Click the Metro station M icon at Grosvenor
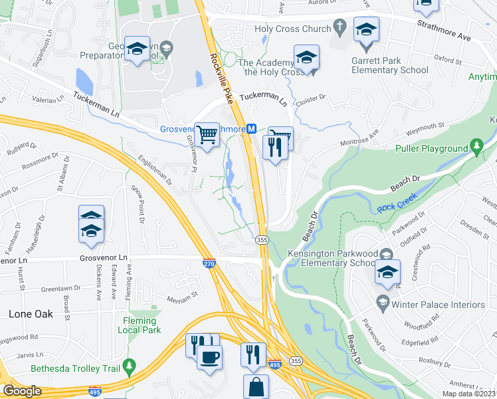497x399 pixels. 252,130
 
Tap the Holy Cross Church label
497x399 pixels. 292,29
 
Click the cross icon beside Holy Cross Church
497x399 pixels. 339,28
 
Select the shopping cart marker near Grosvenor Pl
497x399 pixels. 209,135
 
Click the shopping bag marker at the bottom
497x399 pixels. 256,386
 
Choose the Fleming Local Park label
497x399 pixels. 140,325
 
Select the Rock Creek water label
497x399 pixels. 396,208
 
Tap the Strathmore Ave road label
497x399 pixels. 444,31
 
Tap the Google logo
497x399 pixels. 23,390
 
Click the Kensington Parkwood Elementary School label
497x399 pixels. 332,258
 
